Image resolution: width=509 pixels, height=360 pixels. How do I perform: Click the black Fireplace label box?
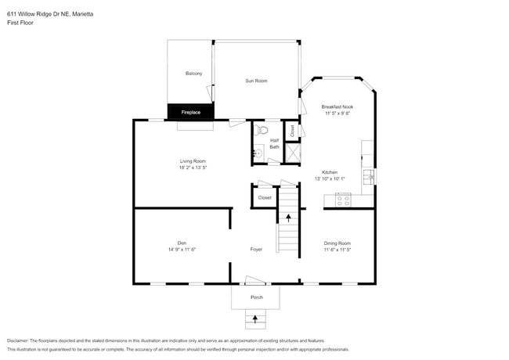pos(191,113)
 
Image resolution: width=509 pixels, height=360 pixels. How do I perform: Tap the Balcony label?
pos(193,74)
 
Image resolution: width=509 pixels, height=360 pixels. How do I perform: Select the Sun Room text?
pos(256,81)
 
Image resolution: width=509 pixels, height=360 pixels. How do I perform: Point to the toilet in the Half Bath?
pos(262,130)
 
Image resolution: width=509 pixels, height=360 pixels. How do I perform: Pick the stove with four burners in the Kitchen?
pos(343,200)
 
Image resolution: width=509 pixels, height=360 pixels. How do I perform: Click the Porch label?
pos(256,297)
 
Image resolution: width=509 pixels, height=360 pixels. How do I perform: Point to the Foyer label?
pos(256,250)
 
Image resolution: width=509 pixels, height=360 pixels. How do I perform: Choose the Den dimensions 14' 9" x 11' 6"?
pos(181,250)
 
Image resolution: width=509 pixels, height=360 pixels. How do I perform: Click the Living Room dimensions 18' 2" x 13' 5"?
pos(193,167)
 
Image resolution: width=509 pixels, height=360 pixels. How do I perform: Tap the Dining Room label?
pos(338,243)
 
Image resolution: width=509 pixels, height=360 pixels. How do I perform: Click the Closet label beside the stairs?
pos(265,198)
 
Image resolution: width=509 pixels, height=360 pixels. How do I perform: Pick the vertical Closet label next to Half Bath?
pos(292,131)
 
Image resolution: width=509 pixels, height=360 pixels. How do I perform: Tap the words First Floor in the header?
pos(20,23)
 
